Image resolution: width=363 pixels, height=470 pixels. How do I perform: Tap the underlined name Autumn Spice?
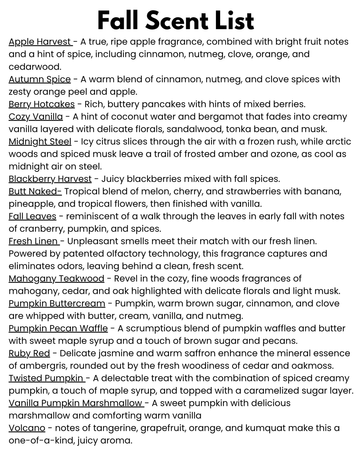pyautogui.click(x=39, y=79)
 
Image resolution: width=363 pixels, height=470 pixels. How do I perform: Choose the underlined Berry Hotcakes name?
pyautogui.click(x=41, y=104)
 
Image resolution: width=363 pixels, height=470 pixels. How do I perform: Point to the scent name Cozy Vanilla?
pyautogui.click(x=36, y=117)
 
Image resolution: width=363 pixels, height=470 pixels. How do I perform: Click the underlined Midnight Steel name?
pyautogui.click(x=40, y=141)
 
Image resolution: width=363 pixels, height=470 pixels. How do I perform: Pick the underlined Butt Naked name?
pyautogui.click(x=35, y=191)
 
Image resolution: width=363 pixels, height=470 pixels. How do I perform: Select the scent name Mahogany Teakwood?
pyautogui.click(x=56, y=278)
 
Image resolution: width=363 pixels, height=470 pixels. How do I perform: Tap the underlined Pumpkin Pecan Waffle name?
pyautogui.click(x=58, y=328)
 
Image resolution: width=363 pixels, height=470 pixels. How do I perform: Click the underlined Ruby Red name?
pyautogui.click(x=29, y=353)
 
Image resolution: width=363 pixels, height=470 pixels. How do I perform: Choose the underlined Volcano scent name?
pyautogui.click(x=27, y=428)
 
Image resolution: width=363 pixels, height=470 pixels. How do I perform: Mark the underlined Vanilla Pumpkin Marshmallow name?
pyautogui.click(x=76, y=403)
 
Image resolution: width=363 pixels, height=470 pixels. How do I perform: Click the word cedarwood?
pyautogui.click(x=35, y=67)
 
